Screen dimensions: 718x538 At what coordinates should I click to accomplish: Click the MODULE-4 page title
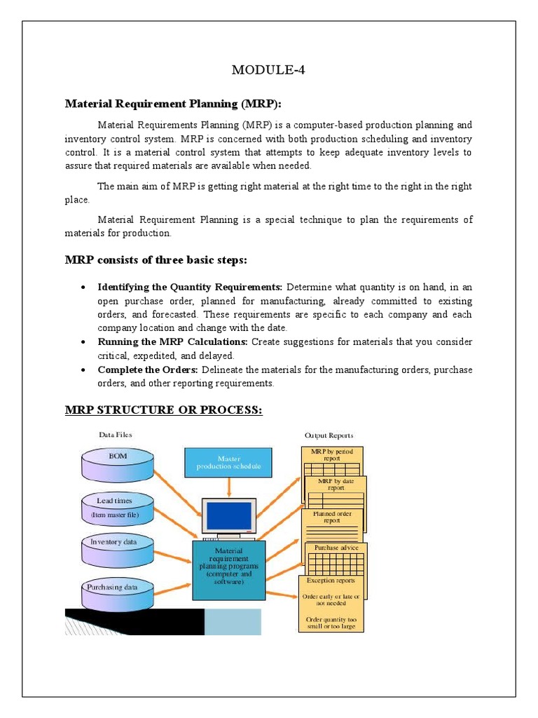pos(269,70)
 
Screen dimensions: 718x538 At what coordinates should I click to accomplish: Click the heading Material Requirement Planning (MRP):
pos(172,104)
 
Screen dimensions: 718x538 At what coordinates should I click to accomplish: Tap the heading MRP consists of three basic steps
pos(156,261)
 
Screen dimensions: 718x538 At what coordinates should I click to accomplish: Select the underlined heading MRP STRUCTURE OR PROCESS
pos(164,409)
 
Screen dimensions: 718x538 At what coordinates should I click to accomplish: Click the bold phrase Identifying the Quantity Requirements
pos(190,287)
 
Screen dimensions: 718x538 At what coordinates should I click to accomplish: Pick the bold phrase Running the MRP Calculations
pos(173,342)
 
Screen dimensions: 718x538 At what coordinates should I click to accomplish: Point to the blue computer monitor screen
pos(228,517)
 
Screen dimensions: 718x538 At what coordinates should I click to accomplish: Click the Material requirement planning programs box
pos(228,569)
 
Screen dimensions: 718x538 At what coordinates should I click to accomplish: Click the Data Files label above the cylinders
pos(115,435)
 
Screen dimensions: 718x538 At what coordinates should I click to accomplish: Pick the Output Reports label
pos(329,435)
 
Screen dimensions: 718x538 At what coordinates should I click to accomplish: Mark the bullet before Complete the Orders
pos(84,370)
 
